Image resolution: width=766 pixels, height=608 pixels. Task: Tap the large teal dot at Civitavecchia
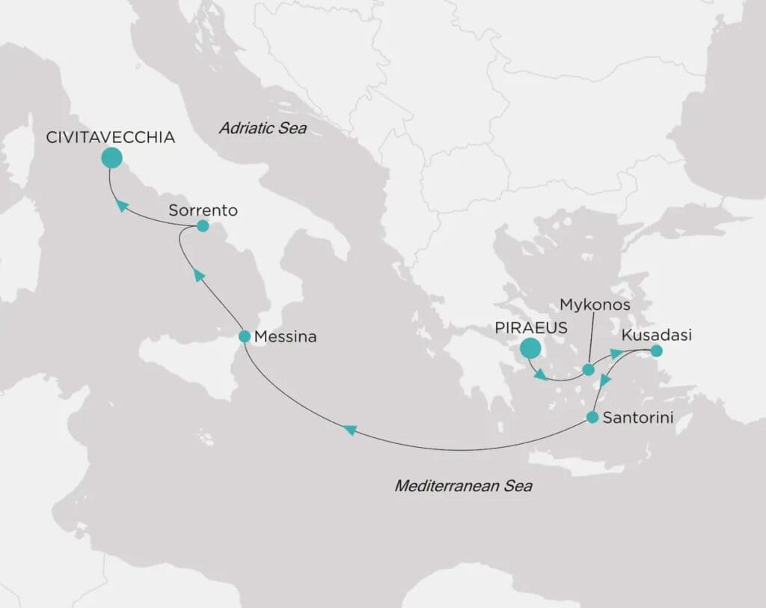tap(111, 157)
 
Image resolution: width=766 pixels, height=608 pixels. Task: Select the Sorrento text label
tap(203, 210)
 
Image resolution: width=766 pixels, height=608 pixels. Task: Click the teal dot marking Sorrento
tap(202, 225)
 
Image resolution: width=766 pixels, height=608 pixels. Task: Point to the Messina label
tap(285, 338)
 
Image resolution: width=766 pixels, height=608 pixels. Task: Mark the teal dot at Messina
tap(244, 337)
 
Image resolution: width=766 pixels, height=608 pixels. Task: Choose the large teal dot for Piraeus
tap(530, 348)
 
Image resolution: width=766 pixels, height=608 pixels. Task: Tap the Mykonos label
tap(595, 305)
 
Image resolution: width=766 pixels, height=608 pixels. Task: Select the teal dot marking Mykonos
tap(588, 369)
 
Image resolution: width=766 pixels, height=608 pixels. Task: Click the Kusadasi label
tap(656, 335)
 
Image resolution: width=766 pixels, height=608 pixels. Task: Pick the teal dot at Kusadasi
tap(656, 350)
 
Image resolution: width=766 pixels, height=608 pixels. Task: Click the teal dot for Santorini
tap(592, 417)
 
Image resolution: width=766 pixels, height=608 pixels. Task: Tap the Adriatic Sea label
tap(263, 128)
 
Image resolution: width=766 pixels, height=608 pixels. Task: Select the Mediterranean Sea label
tap(463, 487)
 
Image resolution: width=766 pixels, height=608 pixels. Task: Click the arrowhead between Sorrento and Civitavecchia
tap(121, 205)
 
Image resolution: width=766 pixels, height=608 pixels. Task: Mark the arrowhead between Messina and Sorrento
tap(198, 275)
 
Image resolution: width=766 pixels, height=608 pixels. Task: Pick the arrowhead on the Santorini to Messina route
tap(349, 430)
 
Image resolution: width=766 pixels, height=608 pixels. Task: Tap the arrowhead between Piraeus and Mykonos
tap(540, 374)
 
